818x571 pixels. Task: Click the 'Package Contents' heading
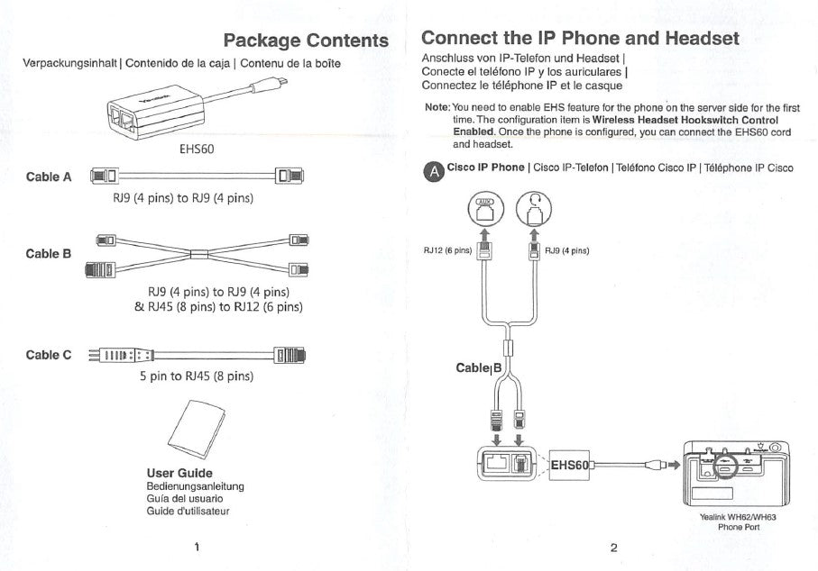[306, 41]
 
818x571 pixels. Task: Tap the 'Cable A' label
[49, 177]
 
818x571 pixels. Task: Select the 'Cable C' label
[49, 355]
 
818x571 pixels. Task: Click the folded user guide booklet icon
[196, 429]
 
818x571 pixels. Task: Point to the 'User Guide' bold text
[179, 473]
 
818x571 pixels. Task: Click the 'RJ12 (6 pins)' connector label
[447, 250]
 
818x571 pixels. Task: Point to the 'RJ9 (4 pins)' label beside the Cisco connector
[566, 250]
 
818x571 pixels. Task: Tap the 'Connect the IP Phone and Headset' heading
[580, 38]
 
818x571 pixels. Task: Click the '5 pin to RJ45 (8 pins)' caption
[196, 376]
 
